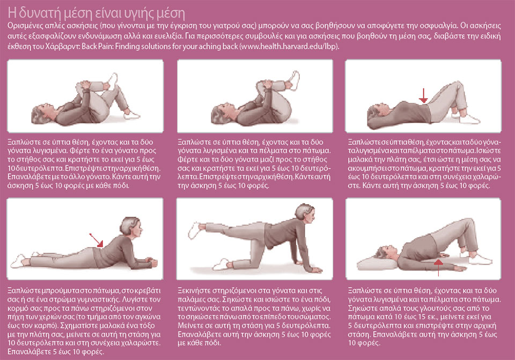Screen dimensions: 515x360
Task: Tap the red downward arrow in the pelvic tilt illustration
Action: coord(424,95)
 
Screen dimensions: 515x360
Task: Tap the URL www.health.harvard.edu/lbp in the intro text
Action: coord(289,46)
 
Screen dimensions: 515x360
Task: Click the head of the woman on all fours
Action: coord(305,213)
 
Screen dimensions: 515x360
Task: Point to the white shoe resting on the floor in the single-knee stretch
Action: coord(132,115)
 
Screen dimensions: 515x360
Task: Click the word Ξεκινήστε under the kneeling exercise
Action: coord(194,291)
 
